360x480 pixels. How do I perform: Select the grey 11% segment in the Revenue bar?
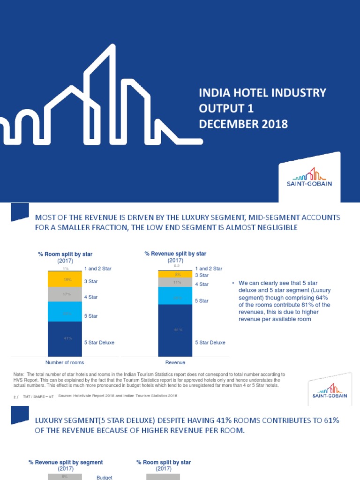point(176,282)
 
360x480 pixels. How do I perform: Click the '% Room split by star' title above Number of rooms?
point(65,254)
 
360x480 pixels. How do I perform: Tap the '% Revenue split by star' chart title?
point(175,254)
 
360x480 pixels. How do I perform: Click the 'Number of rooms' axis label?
point(64,362)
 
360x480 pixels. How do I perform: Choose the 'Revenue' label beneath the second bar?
point(175,362)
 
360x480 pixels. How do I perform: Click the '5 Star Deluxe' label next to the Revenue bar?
point(210,343)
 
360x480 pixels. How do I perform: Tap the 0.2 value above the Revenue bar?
point(177,266)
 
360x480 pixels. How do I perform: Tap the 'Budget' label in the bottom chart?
point(105,477)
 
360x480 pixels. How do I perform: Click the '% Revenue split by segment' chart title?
point(66,462)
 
